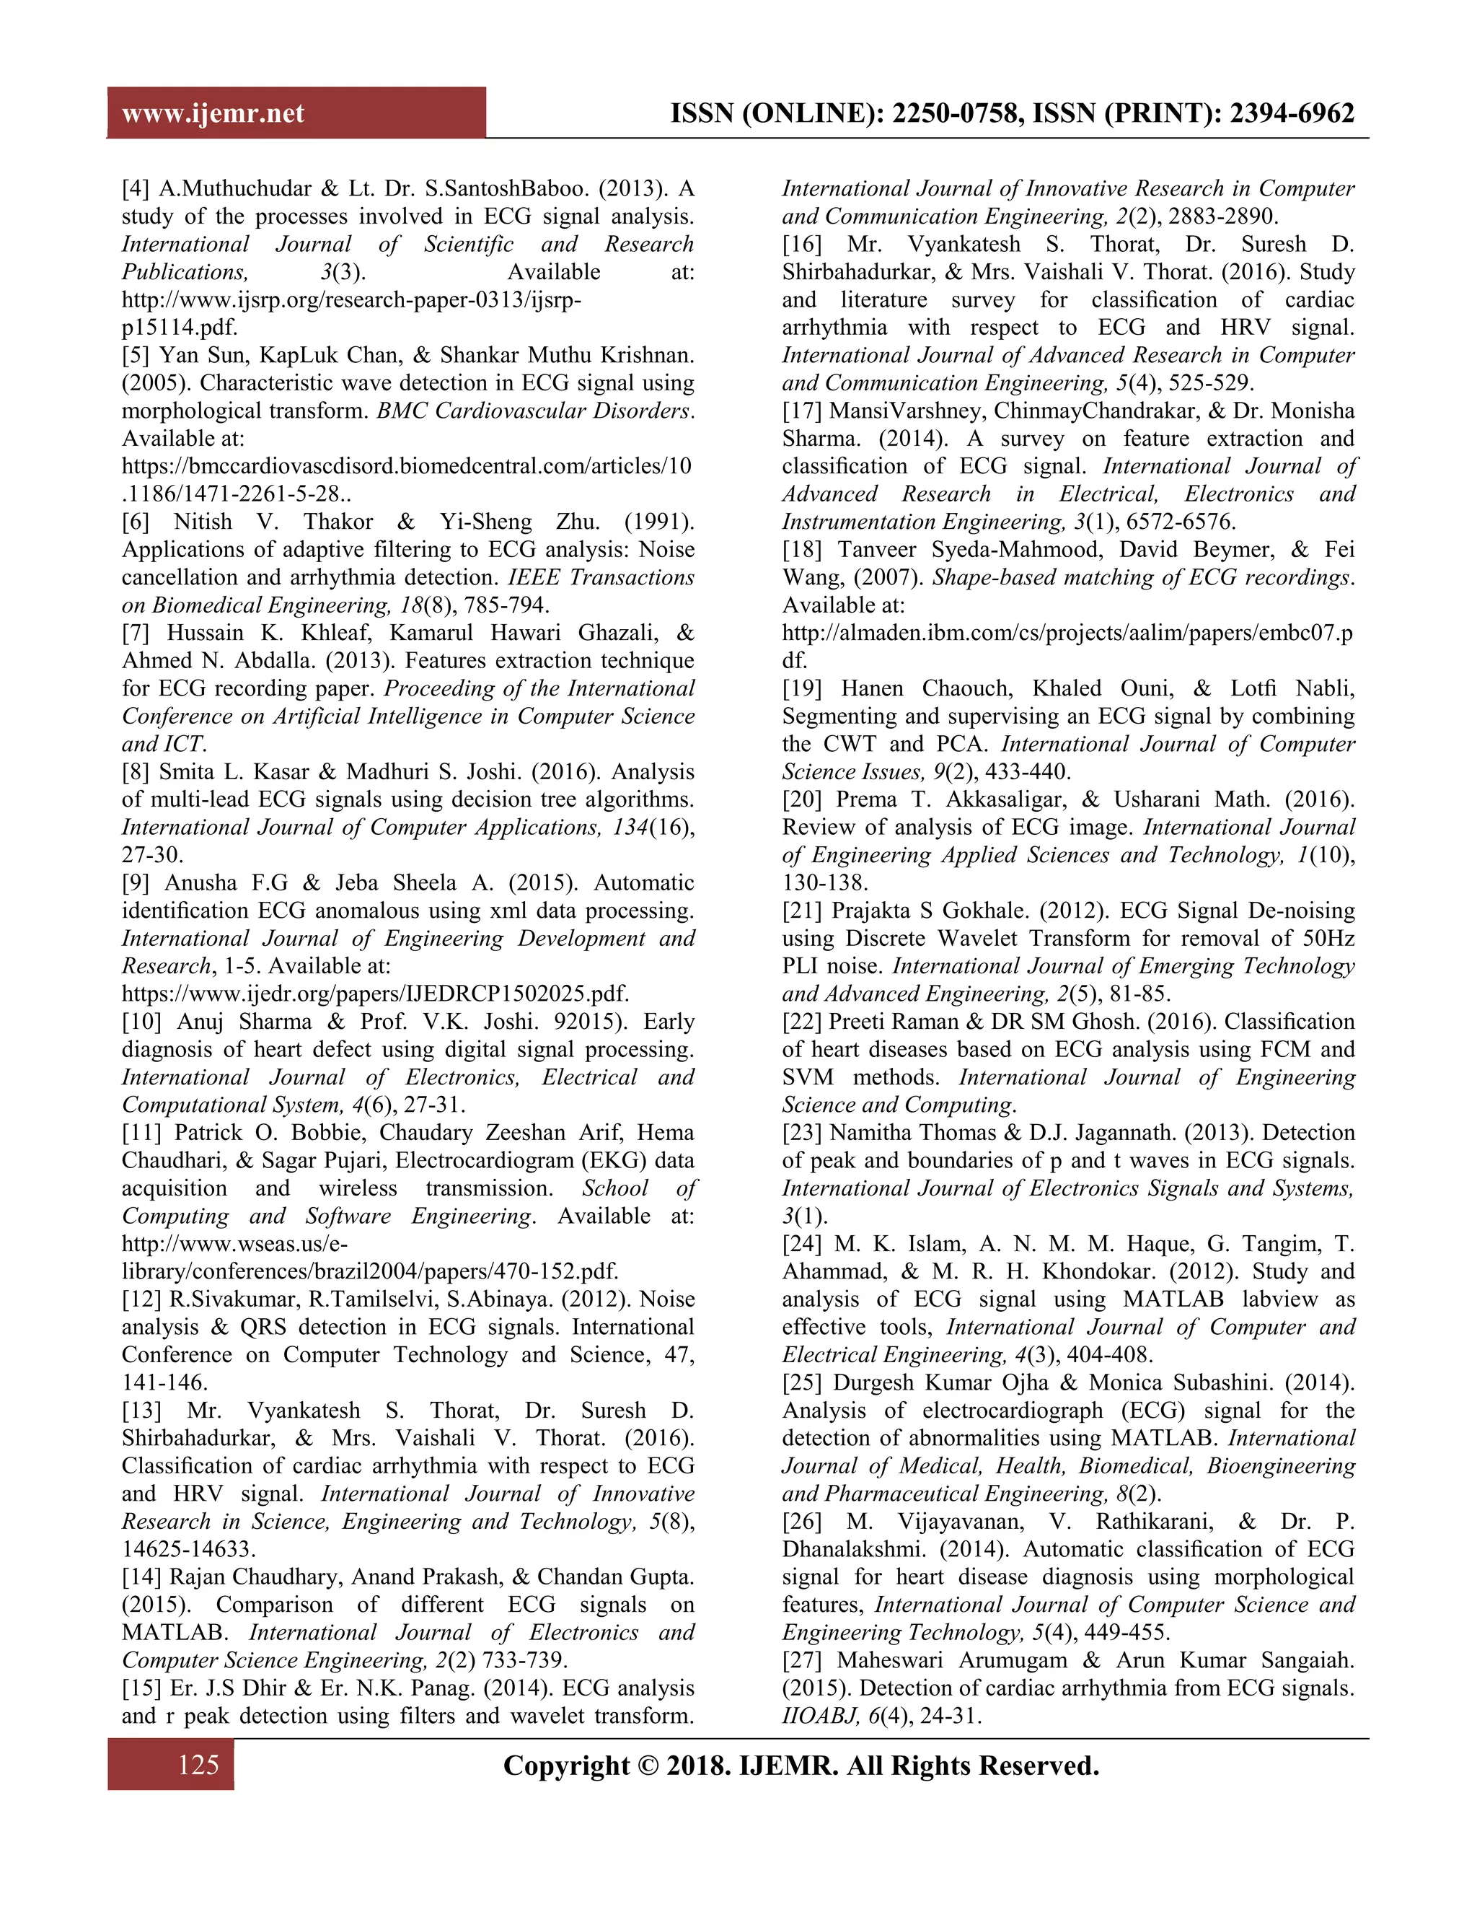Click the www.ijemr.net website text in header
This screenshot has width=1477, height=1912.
[213, 114]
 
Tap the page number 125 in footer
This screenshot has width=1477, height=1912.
[198, 1765]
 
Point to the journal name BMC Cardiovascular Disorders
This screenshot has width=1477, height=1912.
[534, 411]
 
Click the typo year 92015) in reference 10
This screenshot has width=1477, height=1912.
[596, 1022]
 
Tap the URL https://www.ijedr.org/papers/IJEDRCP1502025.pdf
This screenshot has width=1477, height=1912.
[375, 994]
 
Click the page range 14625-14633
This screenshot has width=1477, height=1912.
[188, 1548]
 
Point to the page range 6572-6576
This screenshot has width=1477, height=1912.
[1181, 522]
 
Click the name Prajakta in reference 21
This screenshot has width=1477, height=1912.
[870, 911]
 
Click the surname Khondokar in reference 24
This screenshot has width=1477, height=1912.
[1178, 1272]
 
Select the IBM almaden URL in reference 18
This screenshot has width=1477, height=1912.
[1067, 633]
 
